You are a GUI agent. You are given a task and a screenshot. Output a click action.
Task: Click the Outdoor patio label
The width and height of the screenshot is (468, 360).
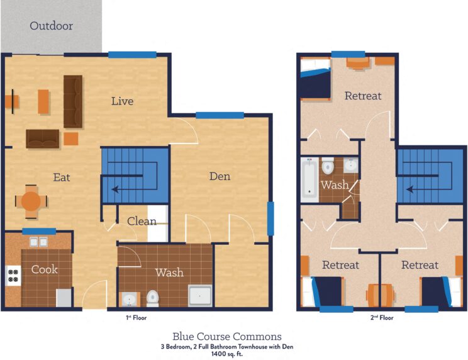click(x=52, y=26)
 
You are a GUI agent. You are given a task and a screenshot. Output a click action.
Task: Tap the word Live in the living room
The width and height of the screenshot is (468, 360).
click(x=122, y=101)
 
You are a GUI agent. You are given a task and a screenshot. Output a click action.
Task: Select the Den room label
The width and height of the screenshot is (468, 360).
click(x=220, y=176)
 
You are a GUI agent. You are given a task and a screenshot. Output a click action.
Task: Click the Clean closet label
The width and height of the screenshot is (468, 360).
click(x=142, y=221)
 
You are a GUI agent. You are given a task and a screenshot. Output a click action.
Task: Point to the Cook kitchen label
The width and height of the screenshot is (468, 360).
click(x=44, y=269)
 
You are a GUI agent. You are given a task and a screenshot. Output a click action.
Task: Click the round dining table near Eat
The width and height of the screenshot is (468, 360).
click(x=31, y=201)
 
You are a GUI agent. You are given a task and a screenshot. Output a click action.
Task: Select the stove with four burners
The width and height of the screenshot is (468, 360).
click(x=13, y=275)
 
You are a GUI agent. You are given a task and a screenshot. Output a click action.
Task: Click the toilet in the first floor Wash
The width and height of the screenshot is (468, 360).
click(x=152, y=296)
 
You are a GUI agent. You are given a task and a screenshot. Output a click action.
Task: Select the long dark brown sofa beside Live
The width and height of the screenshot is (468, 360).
click(x=73, y=101)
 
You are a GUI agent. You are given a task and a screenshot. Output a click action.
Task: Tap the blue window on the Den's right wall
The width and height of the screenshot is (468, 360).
click(x=270, y=218)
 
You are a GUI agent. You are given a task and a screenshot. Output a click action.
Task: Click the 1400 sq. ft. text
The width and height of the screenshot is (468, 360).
click(x=228, y=354)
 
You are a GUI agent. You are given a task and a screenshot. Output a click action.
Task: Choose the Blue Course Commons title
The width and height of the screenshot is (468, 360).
click(x=227, y=336)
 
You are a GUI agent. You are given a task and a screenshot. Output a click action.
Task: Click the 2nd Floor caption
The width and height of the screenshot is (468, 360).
click(x=382, y=318)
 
